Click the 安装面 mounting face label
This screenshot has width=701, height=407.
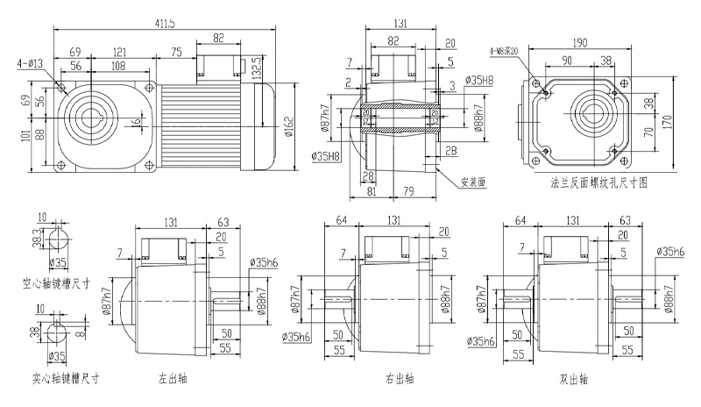474,183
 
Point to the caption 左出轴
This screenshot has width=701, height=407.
173,380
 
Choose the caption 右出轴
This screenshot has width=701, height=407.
400,380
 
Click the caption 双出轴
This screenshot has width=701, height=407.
572,380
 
